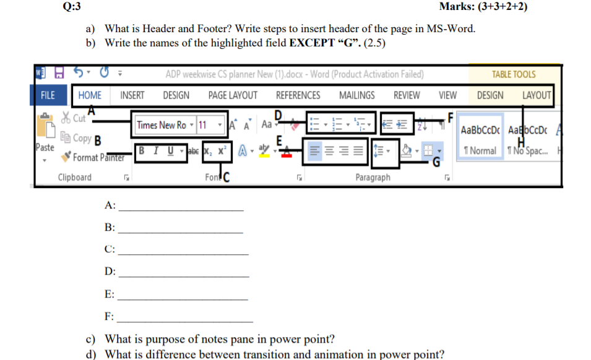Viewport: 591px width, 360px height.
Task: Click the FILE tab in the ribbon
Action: [48, 95]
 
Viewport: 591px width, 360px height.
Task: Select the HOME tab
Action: [90, 95]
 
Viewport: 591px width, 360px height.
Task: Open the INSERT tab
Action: [132, 95]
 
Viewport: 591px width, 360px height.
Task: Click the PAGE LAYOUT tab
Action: [233, 95]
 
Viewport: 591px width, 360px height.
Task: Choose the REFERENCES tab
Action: [298, 95]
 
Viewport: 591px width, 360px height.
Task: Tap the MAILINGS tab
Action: [356, 95]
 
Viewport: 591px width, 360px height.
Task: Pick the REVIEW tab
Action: [407, 95]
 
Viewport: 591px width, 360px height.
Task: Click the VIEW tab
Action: [447, 95]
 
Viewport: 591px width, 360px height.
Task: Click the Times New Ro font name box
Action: [162, 125]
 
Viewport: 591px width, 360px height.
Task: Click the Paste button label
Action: [45, 147]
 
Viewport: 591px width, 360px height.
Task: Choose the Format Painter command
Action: [98, 158]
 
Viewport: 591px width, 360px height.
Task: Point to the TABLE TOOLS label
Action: [513, 74]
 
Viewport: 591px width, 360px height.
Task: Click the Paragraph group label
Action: [373, 178]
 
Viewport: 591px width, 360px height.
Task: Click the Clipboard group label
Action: [74, 178]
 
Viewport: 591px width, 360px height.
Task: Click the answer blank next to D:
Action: [183, 273]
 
